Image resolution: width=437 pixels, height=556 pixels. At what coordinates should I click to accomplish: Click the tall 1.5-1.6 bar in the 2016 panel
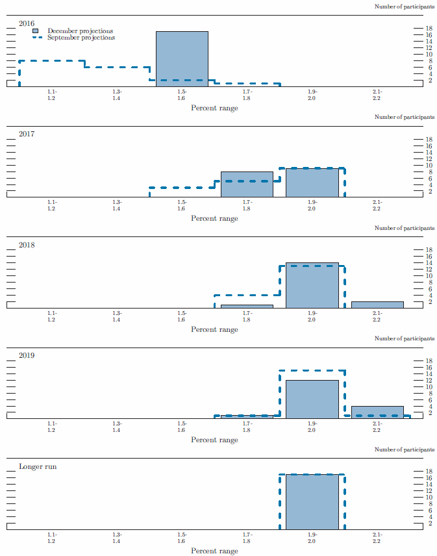click(182, 58)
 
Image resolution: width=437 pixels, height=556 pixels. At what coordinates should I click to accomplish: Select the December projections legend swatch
click(36, 31)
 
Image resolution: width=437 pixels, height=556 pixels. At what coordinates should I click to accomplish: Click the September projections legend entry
click(81, 38)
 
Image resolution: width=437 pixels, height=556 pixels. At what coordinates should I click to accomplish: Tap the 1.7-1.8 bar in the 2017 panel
click(247, 184)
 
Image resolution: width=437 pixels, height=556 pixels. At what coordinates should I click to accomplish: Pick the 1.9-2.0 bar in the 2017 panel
click(312, 183)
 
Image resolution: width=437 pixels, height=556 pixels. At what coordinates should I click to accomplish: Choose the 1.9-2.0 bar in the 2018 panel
click(312, 285)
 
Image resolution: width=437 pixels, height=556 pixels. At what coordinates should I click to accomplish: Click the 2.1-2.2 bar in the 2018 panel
click(377, 305)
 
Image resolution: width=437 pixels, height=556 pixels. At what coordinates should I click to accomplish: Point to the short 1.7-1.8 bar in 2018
click(247, 306)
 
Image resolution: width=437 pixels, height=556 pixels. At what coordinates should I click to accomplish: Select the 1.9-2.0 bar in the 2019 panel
click(312, 399)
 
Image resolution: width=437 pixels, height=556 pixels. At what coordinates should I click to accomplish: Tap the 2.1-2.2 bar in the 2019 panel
click(377, 412)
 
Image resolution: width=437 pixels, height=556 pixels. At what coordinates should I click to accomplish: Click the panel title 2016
click(27, 23)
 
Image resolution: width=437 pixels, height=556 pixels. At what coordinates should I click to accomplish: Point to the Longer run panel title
click(38, 466)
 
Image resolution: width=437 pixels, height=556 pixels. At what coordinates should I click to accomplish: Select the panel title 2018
click(27, 245)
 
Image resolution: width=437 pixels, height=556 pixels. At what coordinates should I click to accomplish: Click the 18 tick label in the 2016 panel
click(429, 29)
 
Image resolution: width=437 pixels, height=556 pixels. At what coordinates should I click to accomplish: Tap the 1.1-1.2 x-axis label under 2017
click(51, 205)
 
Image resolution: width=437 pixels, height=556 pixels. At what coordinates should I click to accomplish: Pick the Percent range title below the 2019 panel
click(214, 440)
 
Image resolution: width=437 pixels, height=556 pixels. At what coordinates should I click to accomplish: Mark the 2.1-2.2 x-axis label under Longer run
click(377, 538)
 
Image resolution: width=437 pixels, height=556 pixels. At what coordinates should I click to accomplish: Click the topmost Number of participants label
click(405, 6)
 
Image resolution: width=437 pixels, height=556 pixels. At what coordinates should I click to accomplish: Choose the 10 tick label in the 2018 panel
click(429, 276)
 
